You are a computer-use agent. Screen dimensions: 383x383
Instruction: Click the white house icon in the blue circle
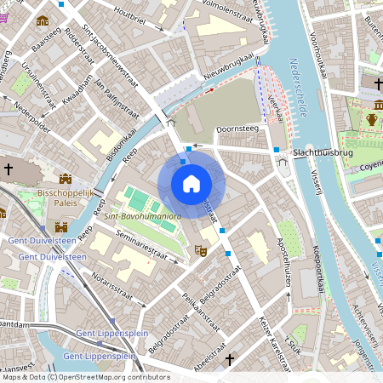point(191,183)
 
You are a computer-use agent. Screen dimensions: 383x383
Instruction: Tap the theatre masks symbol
point(201,250)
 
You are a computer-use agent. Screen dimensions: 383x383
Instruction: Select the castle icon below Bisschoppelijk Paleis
point(60,226)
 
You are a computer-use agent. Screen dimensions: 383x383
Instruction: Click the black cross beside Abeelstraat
point(229,361)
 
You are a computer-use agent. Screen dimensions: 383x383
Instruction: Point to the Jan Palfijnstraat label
point(110,97)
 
